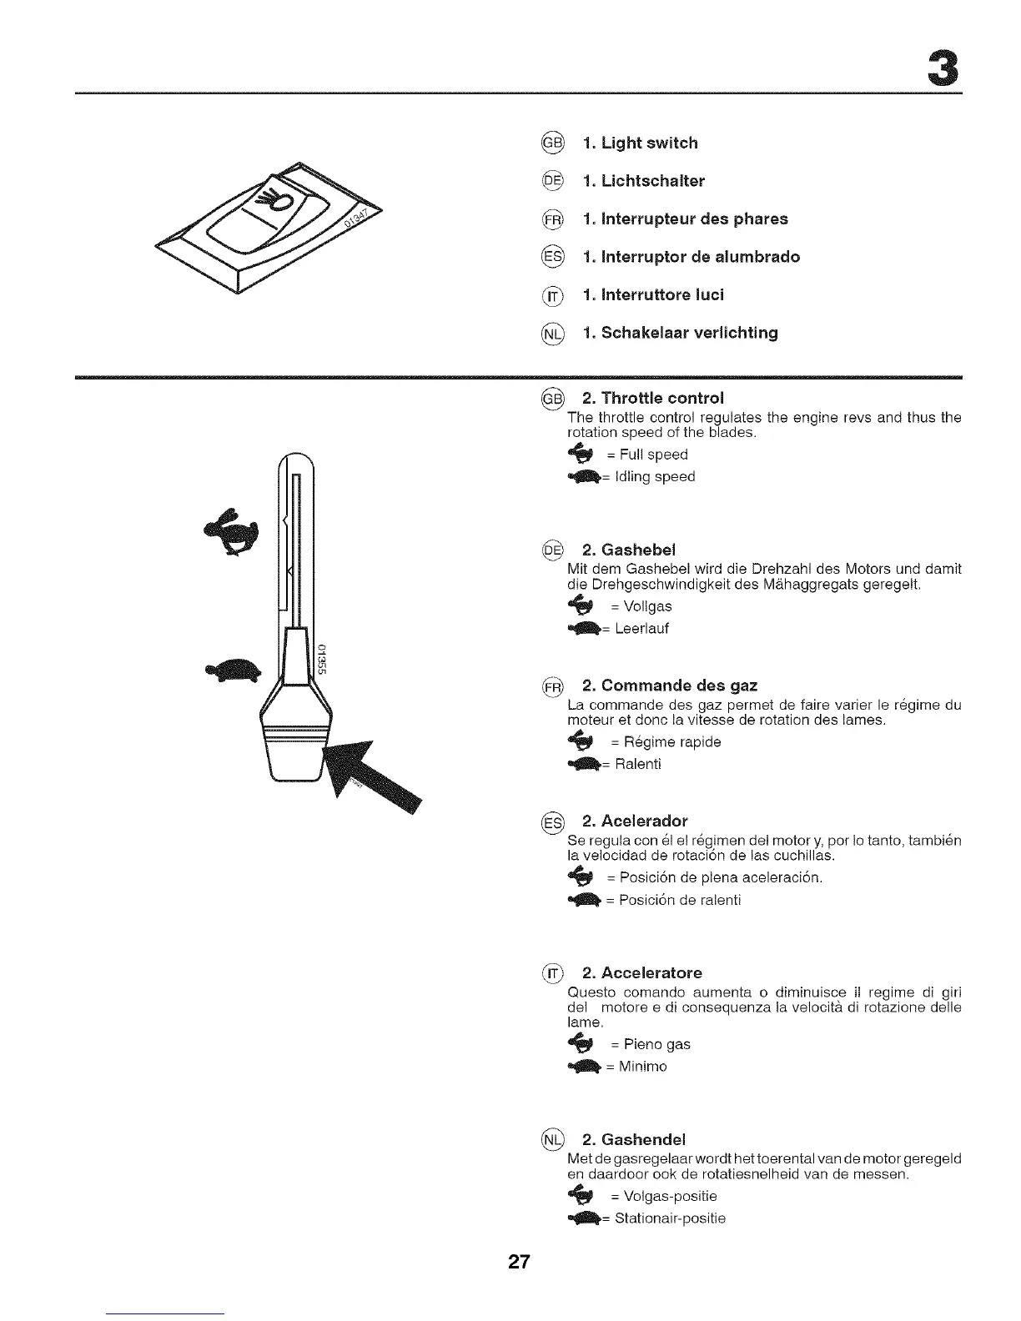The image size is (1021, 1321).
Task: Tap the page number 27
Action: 519,1262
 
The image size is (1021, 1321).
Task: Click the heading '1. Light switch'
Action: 640,143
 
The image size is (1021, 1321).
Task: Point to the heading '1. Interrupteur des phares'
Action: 685,219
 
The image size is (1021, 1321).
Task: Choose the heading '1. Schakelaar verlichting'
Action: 680,334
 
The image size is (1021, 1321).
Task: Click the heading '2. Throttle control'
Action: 652,398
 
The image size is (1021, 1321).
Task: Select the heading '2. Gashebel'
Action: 628,550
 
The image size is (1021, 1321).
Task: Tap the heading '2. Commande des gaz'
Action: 669,686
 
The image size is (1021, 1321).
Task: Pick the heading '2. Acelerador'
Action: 634,821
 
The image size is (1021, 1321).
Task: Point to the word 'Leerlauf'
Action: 641,629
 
